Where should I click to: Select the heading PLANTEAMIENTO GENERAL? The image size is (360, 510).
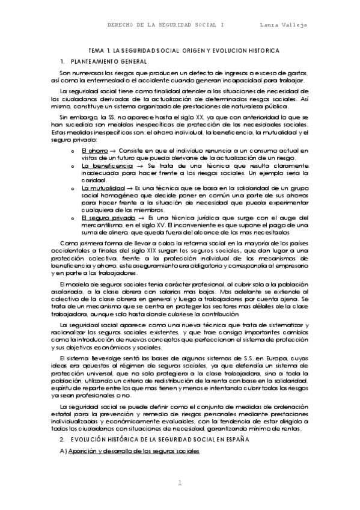(x=109, y=62)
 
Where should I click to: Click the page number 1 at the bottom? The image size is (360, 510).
(x=180, y=484)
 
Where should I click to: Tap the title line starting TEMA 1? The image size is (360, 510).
(x=180, y=52)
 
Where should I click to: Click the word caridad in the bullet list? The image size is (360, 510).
(x=93, y=180)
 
